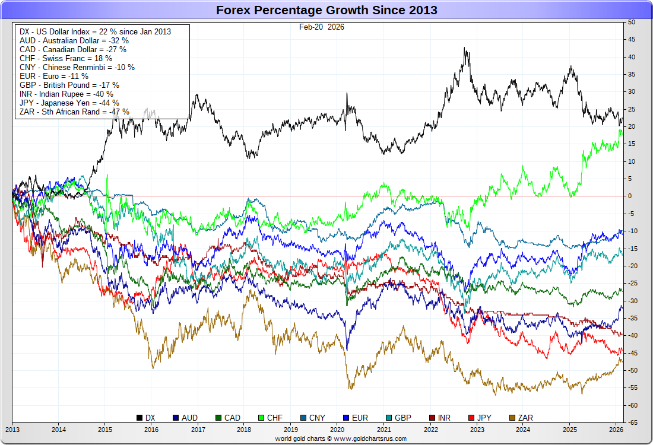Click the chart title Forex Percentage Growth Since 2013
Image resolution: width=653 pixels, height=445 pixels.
(326, 10)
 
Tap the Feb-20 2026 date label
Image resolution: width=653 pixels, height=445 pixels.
(321, 27)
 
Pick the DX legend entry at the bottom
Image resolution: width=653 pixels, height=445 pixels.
(145, 418)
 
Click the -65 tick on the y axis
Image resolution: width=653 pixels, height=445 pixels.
(633, 422)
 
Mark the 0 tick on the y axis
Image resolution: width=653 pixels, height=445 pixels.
(630, 196)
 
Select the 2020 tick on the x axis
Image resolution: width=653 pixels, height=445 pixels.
(337, 428)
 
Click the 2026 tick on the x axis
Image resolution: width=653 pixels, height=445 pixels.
(616, 428)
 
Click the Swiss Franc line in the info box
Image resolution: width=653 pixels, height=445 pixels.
(66, 58)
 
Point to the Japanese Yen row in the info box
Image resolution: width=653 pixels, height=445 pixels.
(69, 103)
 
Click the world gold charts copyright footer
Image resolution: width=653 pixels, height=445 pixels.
(340, 438)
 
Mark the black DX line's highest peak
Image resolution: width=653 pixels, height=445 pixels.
(465, 49)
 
